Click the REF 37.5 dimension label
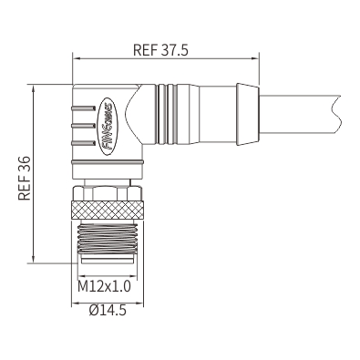tap(160, 50)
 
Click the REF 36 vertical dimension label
tap(25, 178)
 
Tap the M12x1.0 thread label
tap(104, 286)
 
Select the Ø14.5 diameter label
tap(108, 310)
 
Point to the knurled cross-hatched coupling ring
tap(107, 211)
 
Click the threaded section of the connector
tap(107, 239)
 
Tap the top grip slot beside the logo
tap(83, 108)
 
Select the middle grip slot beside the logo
tap(83, 125)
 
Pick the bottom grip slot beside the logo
tap(83, 142)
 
